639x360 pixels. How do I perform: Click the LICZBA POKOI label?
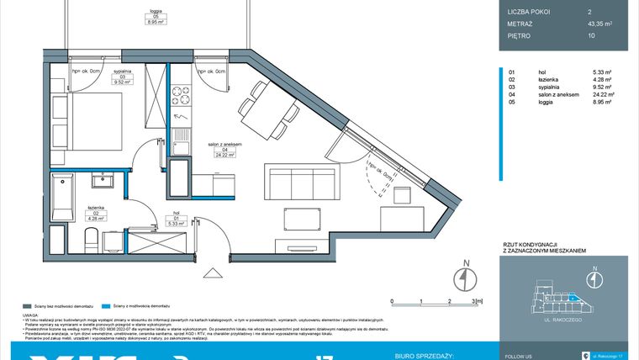point(528,12)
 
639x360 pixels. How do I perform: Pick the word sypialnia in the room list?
point(552,87)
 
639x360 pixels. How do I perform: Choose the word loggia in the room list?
point(547,102)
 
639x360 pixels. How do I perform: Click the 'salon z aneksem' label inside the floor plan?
point(226,146)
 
